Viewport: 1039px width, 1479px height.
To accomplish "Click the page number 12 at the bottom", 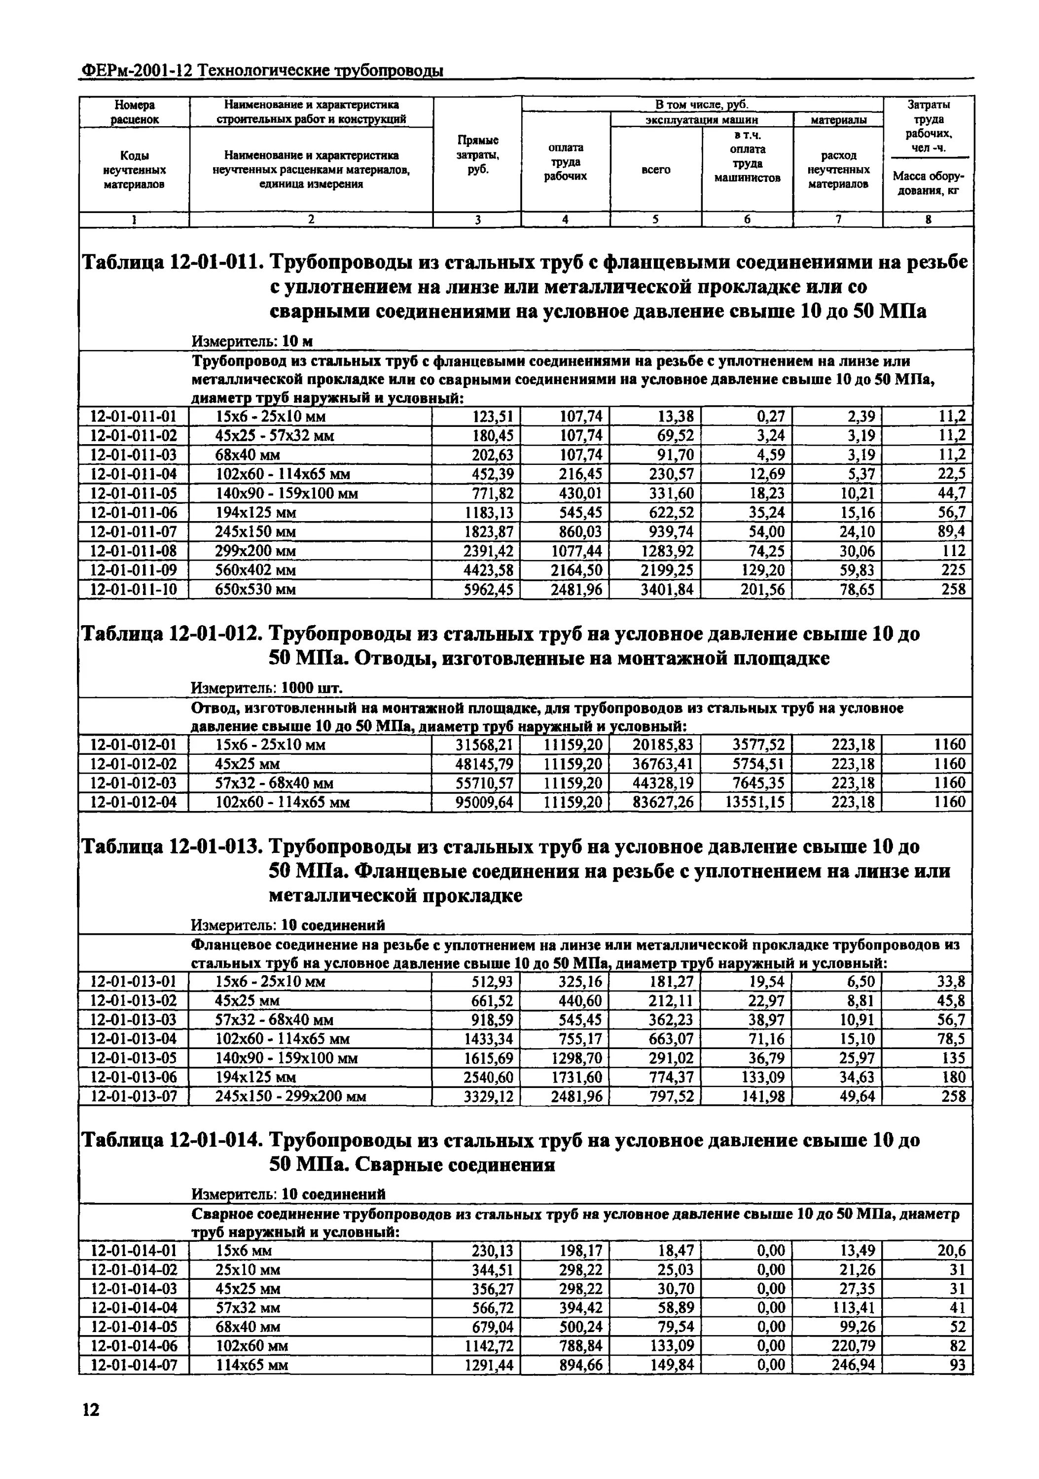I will coord(91,1410).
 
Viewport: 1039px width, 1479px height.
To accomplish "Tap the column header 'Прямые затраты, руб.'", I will coord(477,155).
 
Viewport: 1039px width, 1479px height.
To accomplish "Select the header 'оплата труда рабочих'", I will coord(565,162).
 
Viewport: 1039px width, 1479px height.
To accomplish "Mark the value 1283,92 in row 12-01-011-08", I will coord(667,551).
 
